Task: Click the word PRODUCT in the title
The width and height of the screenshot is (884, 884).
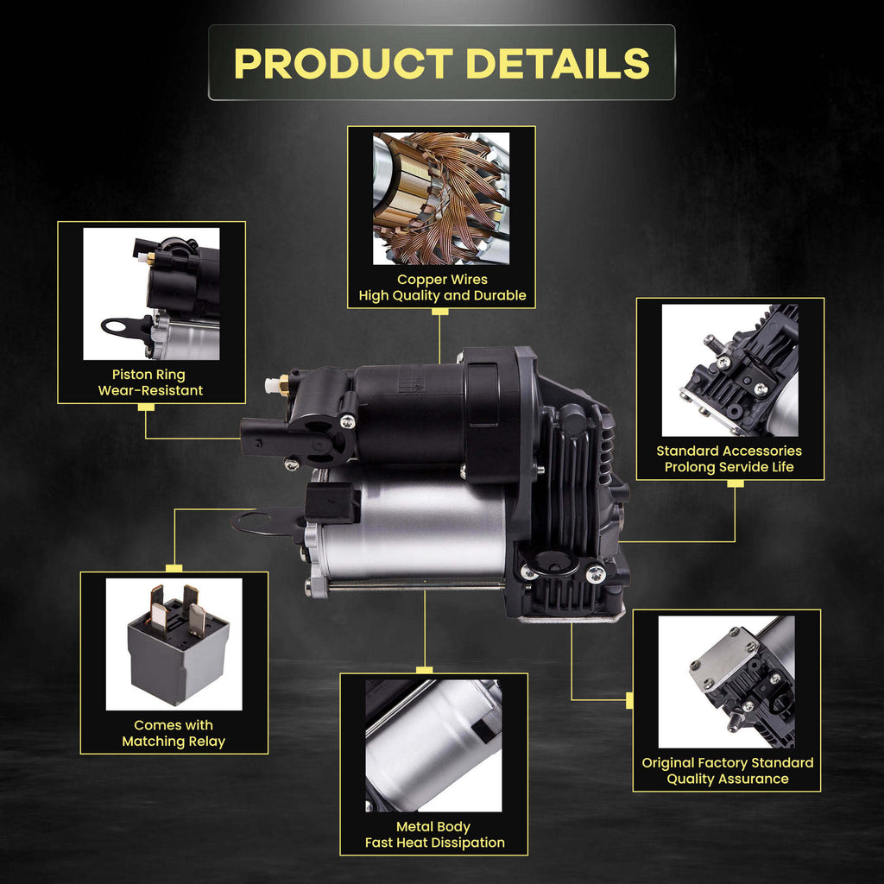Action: pos(344,63)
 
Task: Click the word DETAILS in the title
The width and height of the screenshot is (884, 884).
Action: pos(559,63)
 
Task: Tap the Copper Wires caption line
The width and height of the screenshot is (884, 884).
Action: pos(442,280)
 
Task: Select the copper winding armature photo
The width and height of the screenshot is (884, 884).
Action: pos(441,199)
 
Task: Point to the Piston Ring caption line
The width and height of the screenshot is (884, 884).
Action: pos(148,375)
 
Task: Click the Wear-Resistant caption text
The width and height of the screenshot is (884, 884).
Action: pos(150,391)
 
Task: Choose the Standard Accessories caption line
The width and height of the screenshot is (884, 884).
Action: pos(729,451)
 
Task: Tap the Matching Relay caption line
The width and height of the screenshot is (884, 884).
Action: pos(174,742)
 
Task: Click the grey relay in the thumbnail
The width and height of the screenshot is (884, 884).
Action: pos(178,645)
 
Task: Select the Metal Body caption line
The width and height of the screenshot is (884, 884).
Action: pos(433,827)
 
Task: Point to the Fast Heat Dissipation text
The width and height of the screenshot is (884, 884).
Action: pos(435,843)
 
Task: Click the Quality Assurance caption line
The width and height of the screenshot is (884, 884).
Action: pos(727,780)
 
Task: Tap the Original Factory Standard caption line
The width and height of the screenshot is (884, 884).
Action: pos(727,763)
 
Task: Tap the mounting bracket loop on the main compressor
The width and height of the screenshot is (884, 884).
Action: pos(248,521)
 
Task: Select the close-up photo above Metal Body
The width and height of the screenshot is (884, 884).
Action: pos(433,746)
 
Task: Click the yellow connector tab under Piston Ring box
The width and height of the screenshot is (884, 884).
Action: pos(146,407)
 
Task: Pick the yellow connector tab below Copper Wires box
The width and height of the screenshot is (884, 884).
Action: pos(439,312)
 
